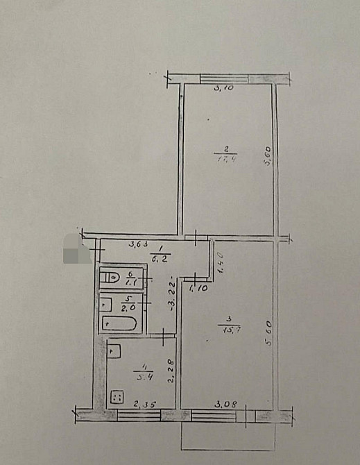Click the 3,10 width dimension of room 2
click(x=223, y=88)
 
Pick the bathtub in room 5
click(x=121, y=323)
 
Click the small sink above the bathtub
click(x=106, y=303)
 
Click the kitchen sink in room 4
click(x=116, y=351)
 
